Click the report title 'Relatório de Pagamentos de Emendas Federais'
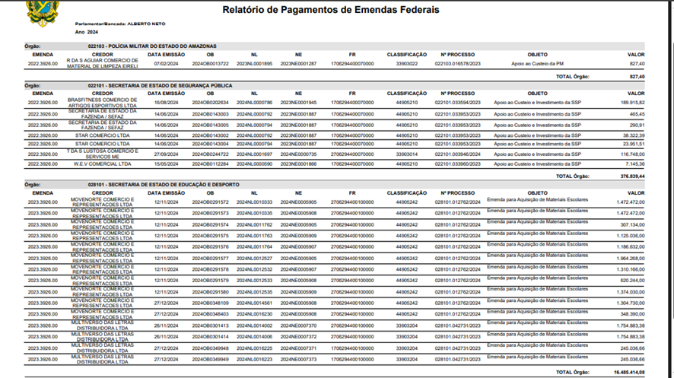point(330,10)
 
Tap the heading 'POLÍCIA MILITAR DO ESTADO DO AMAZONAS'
point(158,46)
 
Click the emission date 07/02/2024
point(166,64)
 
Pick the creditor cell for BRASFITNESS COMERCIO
point(102,102)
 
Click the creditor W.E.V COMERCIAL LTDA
point(102,164)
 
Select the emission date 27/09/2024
point(166,154)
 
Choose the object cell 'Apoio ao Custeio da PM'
point(537,64)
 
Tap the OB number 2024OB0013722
point(210,64)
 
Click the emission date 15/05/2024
point(166,164)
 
